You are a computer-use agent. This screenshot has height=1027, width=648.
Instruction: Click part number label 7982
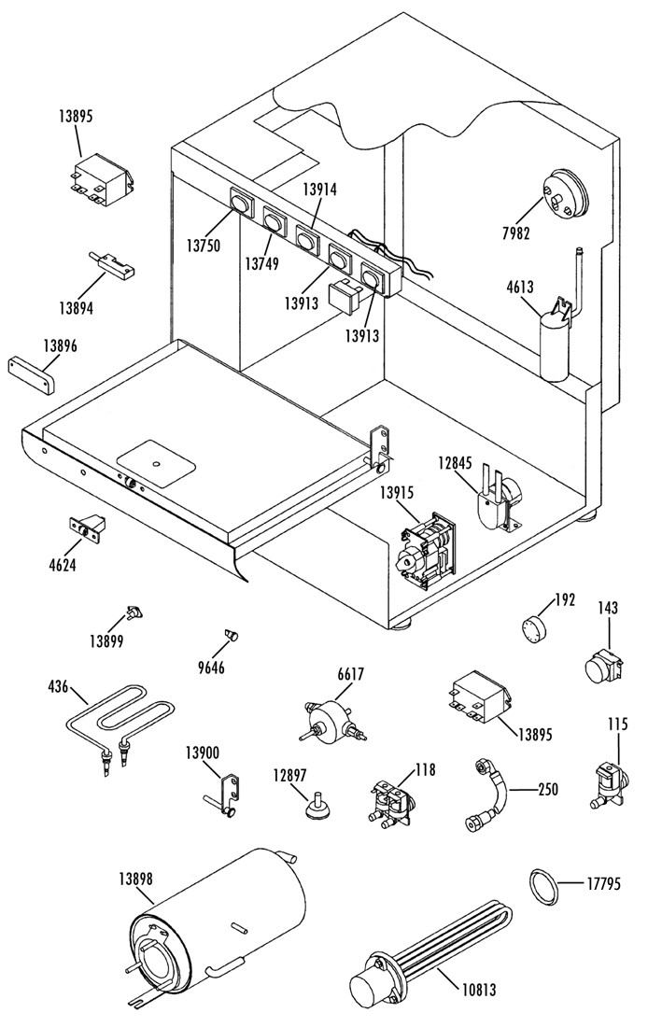pyautogui.click(x=515, y=232)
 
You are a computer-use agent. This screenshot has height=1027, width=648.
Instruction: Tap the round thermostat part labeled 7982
pyautogui.click(x=566, y=193)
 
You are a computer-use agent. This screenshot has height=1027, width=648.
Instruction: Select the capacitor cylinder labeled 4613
pyautogui.click(x=555, y=347)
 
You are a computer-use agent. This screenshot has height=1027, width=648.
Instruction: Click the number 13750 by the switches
pyautogui.click(x=204, y=246)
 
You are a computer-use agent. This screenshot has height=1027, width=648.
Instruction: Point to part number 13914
pyautogui.click(x=319, y=190)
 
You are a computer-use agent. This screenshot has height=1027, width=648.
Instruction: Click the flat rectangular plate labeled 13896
pyautogui.click(x=32, y=374)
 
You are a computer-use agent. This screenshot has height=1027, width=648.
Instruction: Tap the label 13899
pyautogui.click(x=106, y=640)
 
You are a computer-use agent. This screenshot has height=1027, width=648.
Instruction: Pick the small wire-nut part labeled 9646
pyautogui.click(x=230, y=634)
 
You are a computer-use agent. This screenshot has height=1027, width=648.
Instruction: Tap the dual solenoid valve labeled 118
pyautogui.click(x=391, y=801)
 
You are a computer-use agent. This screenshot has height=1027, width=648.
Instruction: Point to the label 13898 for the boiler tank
pyautogui.click(x=136, y=877)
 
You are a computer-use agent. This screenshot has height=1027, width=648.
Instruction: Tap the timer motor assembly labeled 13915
pyautogui.click(x=424, y=550)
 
